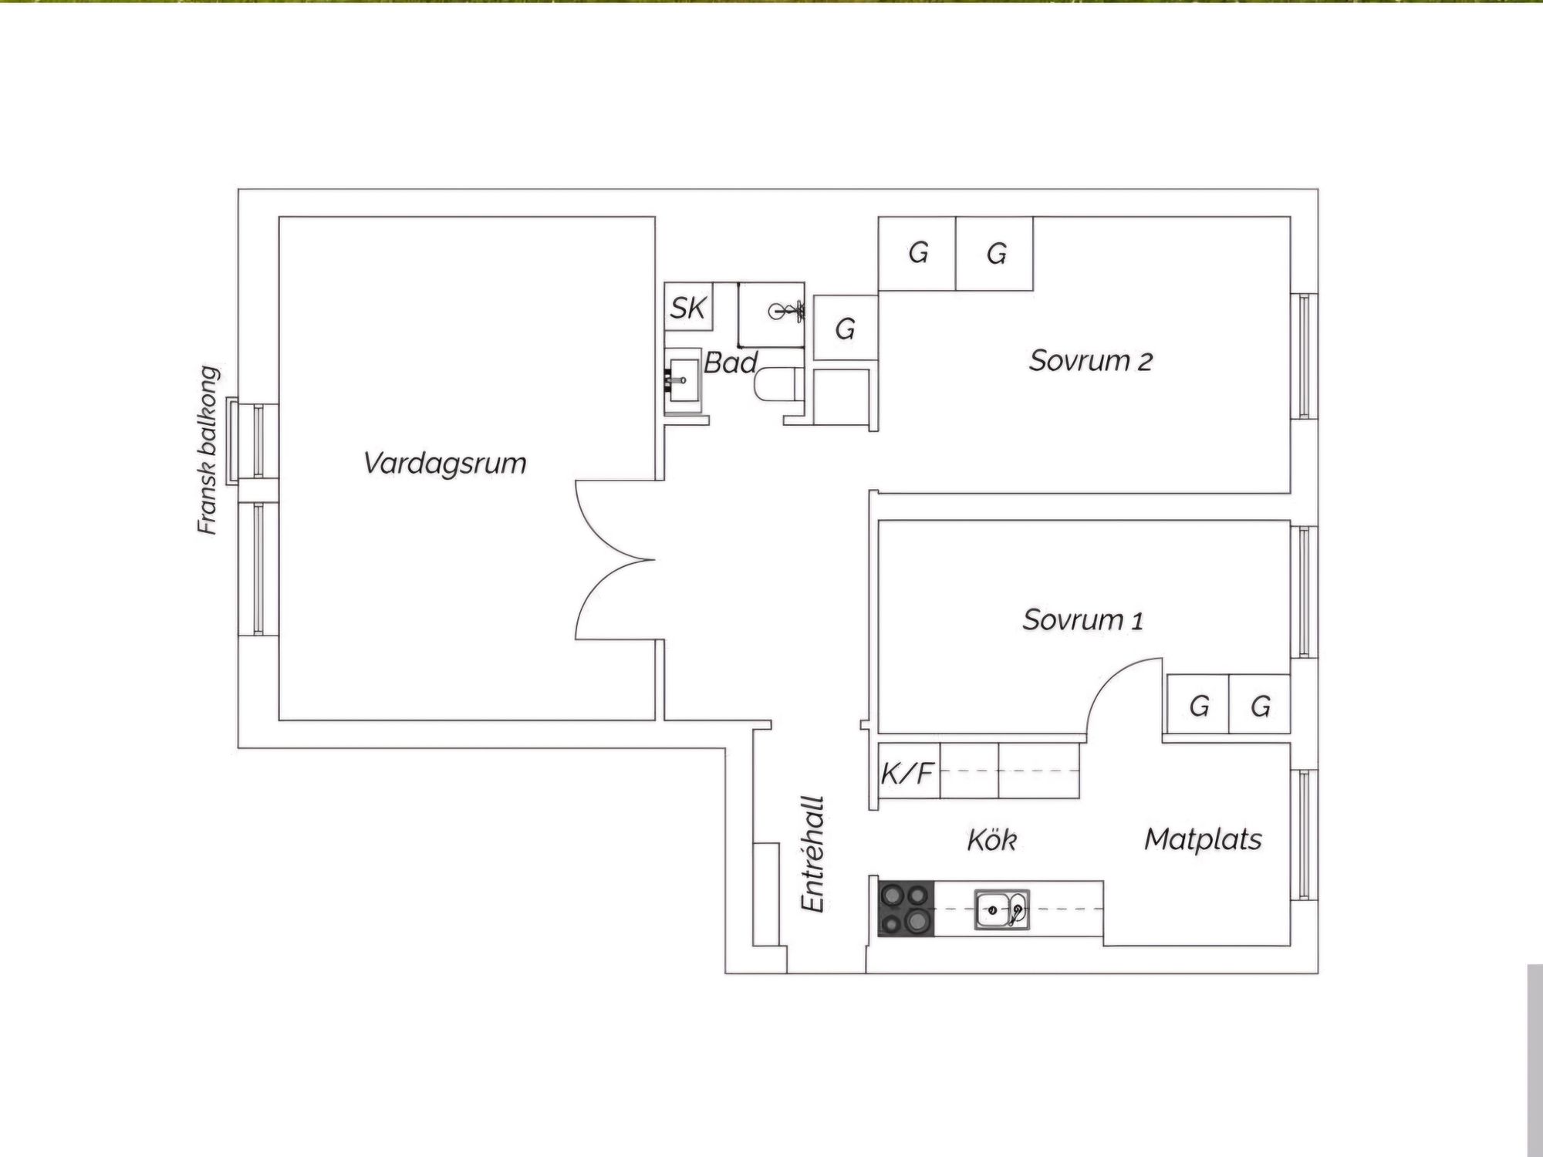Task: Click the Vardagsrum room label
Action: (x=445, y=464)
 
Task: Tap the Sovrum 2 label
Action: (x=1090, y=361)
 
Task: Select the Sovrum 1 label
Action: (x=1082, y=619)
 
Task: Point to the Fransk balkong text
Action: (x=208, y=450)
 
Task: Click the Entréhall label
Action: (x=813, y=855)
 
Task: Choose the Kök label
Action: (x=991, y=839)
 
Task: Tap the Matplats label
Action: (x=1203, y=839)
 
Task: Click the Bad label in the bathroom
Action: (x=730, y=363)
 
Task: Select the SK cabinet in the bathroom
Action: (x=687, y=308)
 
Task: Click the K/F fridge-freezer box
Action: (x=908, y=771)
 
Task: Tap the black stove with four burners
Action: (x=906, y=909)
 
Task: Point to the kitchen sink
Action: (x=1001, y=909)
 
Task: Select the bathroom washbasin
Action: (x=682, y=380)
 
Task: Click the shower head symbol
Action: (x=787, y=312)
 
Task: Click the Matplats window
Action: (x=1304, y=835)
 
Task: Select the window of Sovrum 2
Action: (x=1304, y=356)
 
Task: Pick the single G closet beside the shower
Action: (x=846, y=329)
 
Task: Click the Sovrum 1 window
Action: (x=1304, y=592)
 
